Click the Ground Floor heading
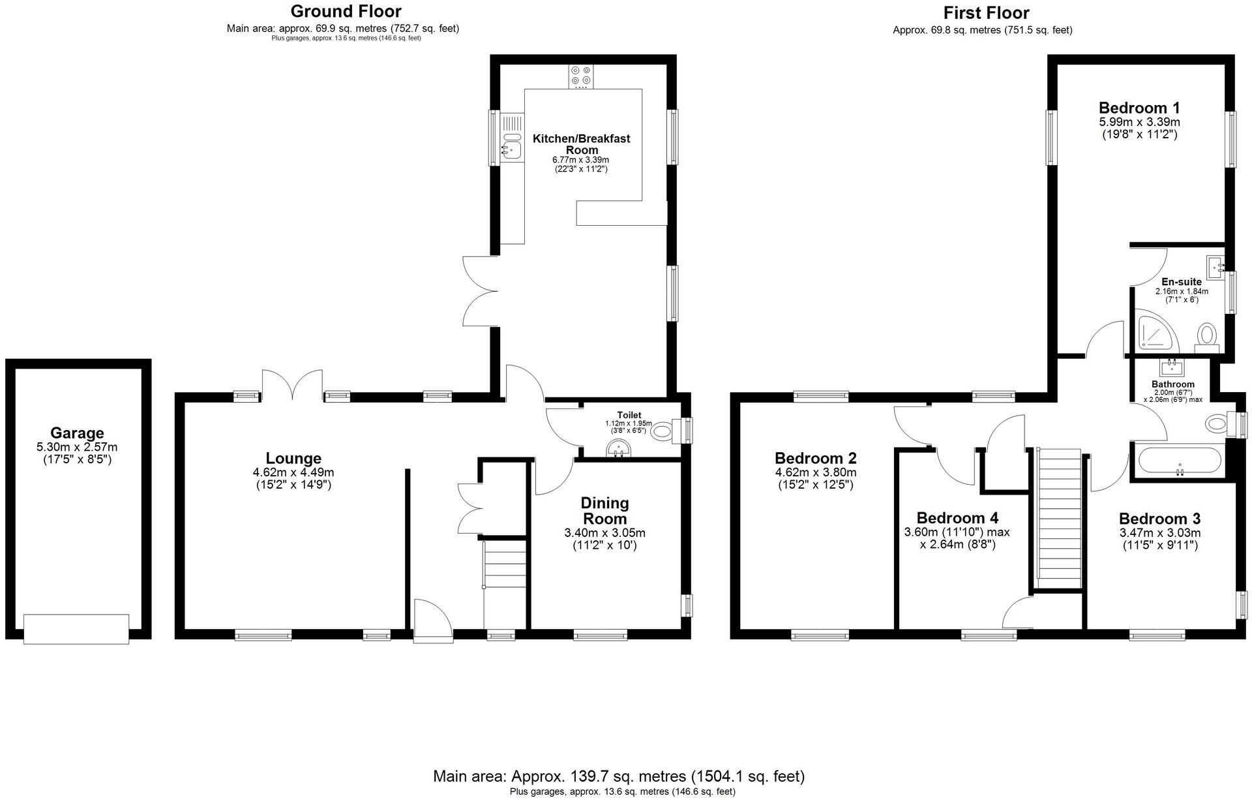tap(346, 11)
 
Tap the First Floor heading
tap(986, 13)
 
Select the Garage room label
tap(78, 433)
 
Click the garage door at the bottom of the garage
tap(76, 628)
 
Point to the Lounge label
tap(293, 458)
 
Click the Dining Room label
tap(604, 511)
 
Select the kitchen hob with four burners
tap(580, 76)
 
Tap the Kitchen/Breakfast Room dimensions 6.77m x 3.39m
tap(580, 160)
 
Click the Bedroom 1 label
tap(1139, 108)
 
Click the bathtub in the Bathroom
tap(1179, 461)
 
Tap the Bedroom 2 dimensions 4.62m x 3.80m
tap(815, 472)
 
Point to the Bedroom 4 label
tap(957, 518)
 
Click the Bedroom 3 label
tap(1159, 519)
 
